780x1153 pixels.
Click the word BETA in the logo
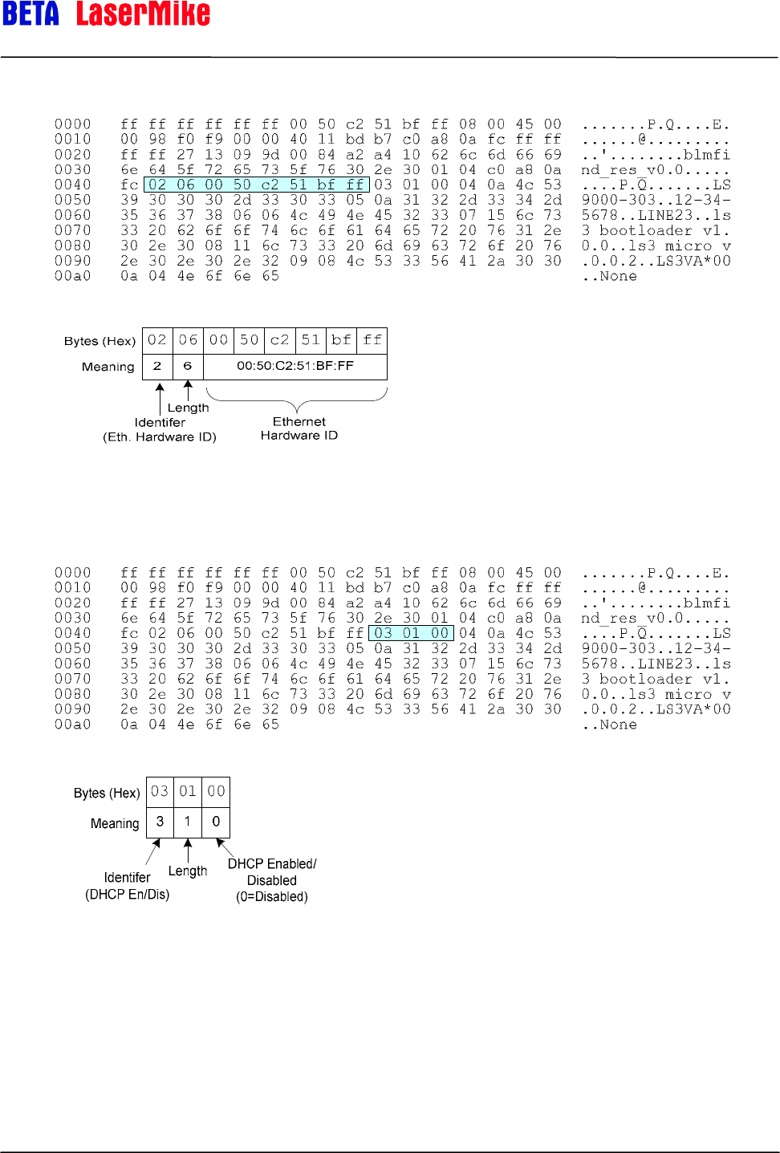pyautogui.click(x=30, y=14)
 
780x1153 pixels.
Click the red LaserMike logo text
pyautogui.click(x=143, y=14)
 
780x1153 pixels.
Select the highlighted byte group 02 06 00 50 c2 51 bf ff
pyautogui.click(x=256, y=185)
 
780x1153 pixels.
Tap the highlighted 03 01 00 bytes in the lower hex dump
pyautogui.click(x=412, y=633)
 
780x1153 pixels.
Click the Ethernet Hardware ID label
pyautogui.click(x=299, y=428)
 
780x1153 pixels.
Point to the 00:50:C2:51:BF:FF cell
pyautogui.click(x=295, y=366)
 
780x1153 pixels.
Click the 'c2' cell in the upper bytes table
pyautogui.click(x=279, y=340)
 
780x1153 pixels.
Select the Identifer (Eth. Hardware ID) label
pyautogui.click(x=160, y=429)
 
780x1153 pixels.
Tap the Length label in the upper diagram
pyautogui.click(x=188, y=408)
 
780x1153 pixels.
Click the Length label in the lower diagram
pyautogui.click(x=188, y=871)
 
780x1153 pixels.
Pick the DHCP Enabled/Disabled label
pyautogui.click(x=272, y=880)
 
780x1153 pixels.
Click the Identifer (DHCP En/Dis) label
pyautogui.click(x=128, y=886)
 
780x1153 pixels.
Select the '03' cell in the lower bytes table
pyautogui.click(x=160, y=791)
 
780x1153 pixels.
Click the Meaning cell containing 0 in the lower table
pyautogui.click(x=216, y=822)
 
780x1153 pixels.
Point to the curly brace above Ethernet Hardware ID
pyautogui.click(x=297, y=399)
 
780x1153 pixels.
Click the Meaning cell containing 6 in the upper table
pyautogui.click(x=188, y=366)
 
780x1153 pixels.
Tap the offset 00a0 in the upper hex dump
pyautogui.click(x=72, y=276)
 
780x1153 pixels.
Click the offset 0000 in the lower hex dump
pyautogui.click(x=72, y=573)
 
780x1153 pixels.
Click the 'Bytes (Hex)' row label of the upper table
pyautogui.click(x=100, y=341)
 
